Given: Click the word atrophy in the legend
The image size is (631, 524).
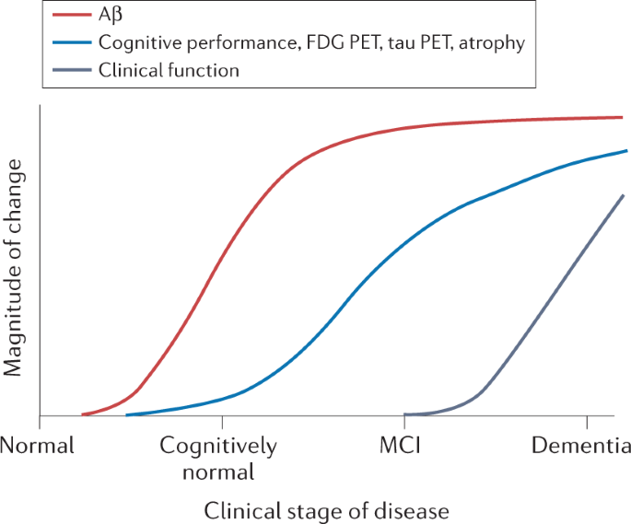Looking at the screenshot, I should (x=493, y=42).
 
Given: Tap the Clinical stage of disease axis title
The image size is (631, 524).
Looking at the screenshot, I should (x=326, y=509).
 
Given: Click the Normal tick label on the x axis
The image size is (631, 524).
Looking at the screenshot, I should (x=36, y=448).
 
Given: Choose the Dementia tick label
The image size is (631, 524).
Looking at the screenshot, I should (x=580, y=448).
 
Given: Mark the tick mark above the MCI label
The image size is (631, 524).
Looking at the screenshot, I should (x=404, y=422).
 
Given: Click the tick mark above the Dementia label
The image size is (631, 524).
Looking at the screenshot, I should (x=587, y=422).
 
